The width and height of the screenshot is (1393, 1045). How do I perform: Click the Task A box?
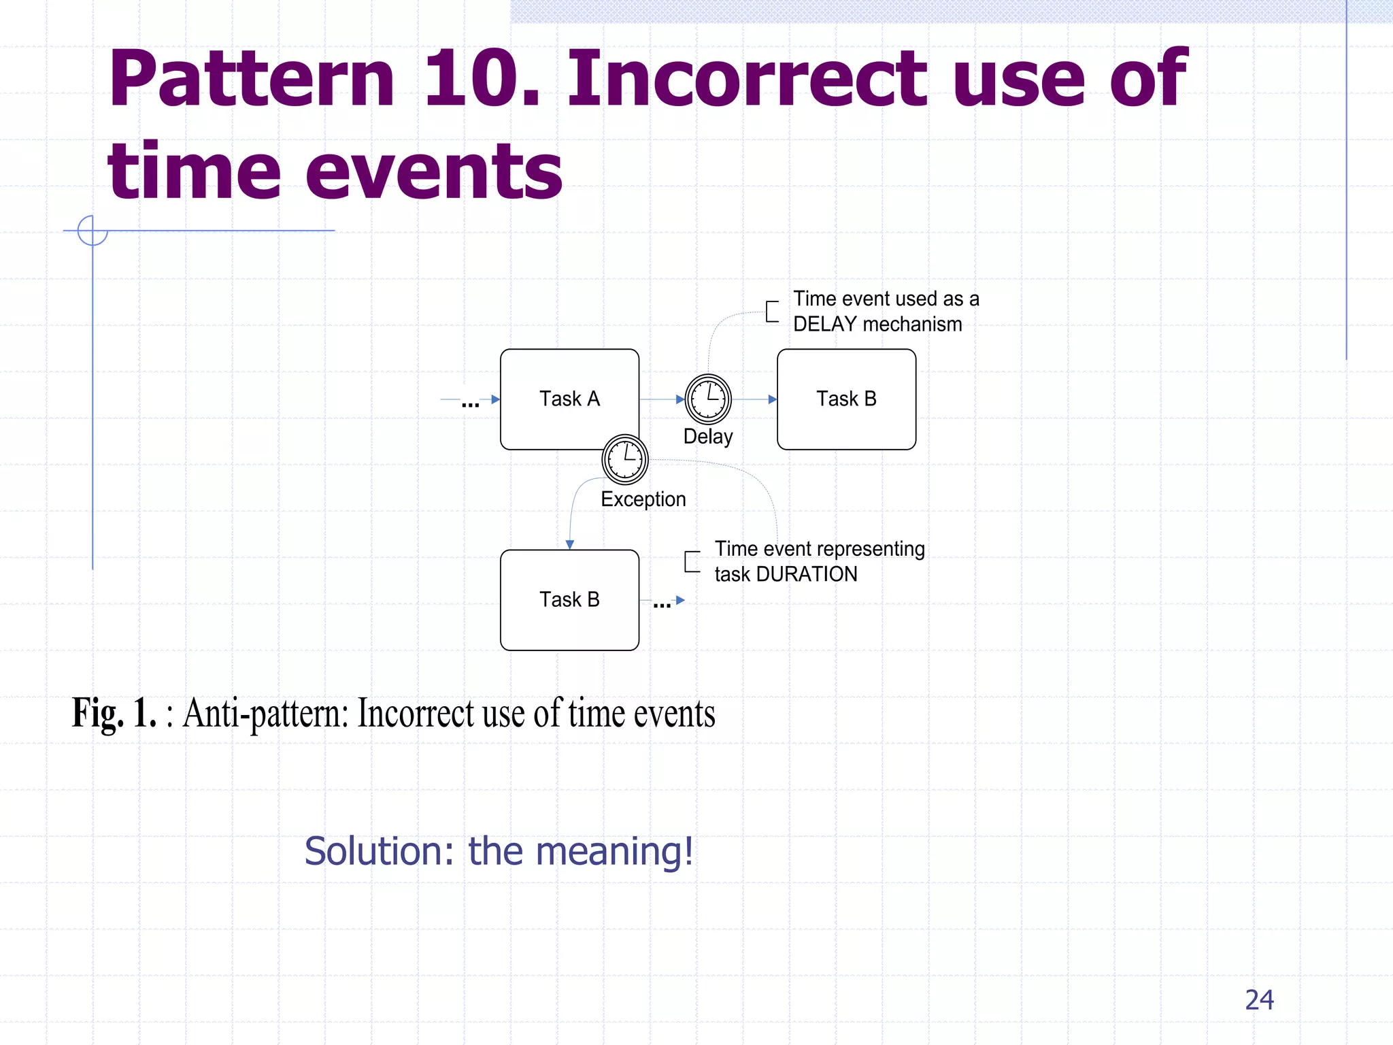click(x=569, y=399)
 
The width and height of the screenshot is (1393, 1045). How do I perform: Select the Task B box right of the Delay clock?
click(x=846, y=399)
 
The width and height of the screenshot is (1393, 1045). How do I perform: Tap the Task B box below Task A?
click(x=569, y=599)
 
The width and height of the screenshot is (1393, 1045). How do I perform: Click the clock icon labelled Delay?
click(x=707, y=399)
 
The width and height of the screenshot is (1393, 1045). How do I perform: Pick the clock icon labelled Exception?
click(x=624, y=459)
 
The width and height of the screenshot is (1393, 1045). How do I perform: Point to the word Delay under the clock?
click(x=707, y=436)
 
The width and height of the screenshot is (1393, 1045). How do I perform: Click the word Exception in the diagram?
click(x=643, y=499)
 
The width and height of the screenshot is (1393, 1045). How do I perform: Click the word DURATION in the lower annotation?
click(x=807, y=574)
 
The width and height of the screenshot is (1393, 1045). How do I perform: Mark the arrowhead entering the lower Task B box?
click(x=570, y=544)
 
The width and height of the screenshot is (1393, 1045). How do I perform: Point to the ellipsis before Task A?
click(x=470, y=403)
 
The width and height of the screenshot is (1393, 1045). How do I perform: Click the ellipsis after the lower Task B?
click(x=662, y=604)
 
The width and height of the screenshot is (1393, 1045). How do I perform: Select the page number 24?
click(x=1259, y=999)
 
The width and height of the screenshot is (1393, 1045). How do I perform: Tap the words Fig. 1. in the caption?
click(x=114, y=713)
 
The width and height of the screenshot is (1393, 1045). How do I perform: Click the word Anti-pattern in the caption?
click(x=266, y=713)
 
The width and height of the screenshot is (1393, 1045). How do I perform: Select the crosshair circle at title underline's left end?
click(x=93, y=231)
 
